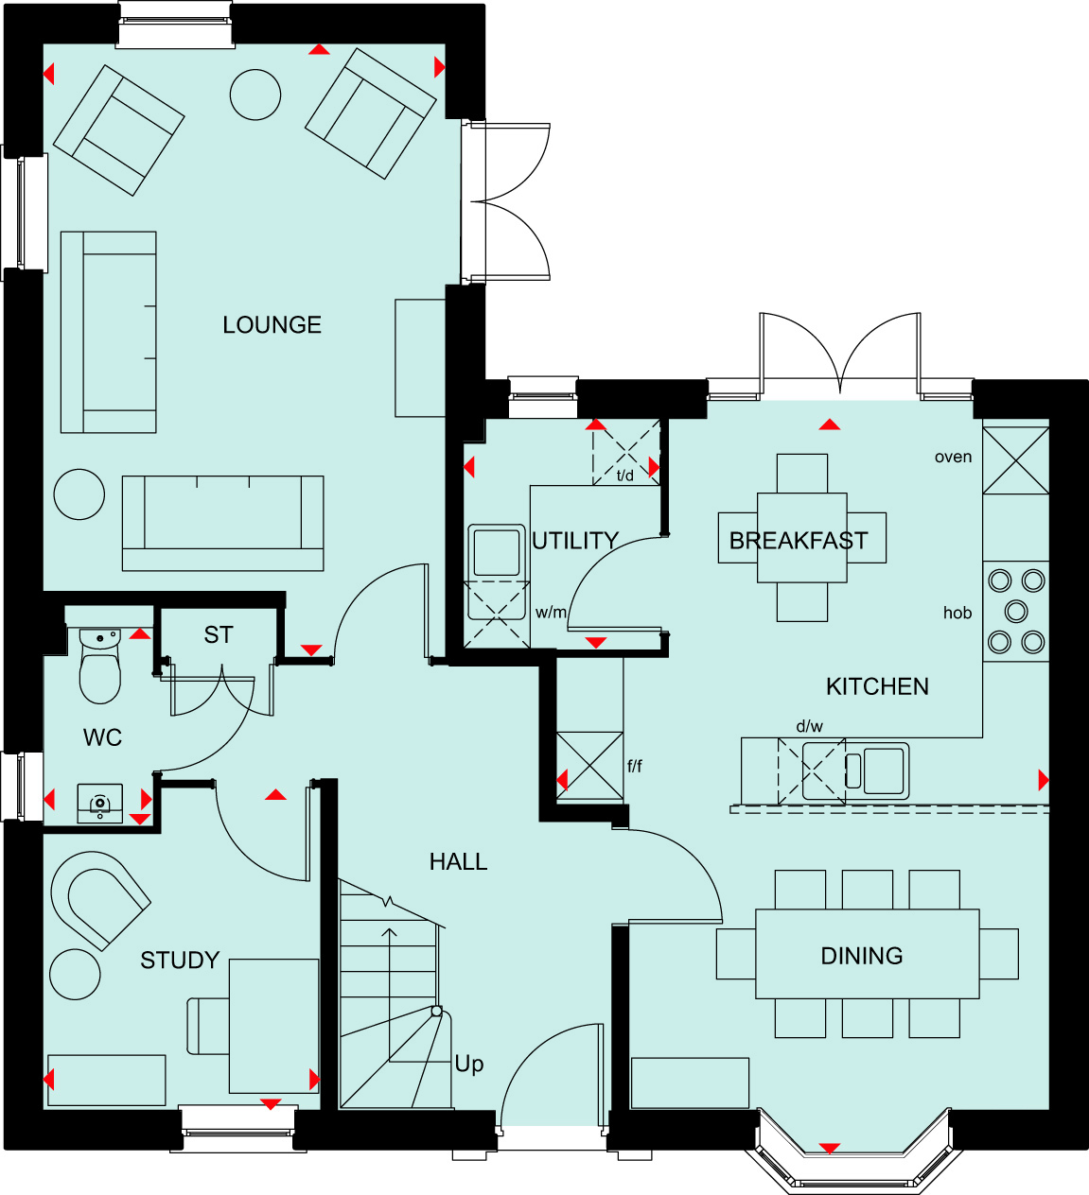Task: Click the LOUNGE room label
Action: tap(272, 325)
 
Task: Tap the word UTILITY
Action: tap(575, 541)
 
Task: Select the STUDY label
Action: tap(180, 961)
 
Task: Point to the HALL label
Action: tap(459, 862)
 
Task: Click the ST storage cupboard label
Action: tap(219, 635)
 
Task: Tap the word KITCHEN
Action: tap(877, 687)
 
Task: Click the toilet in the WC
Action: tap(100, 667)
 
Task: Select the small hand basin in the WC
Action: tap(100, 804)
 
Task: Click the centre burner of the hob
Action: tap(1016, 611)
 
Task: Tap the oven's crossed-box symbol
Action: tap(1015, 460)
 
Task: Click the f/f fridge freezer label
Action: tap(635, 766)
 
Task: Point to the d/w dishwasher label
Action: tap(809, 726)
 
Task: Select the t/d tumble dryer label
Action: tap(625, 476)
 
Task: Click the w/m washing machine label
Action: tap(551, 613)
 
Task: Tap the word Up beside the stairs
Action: tap(468, 1065)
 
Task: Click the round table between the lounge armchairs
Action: tap(255, 95)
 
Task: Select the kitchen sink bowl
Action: tap(884, 771)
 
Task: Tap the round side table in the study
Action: tap(75, 975)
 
